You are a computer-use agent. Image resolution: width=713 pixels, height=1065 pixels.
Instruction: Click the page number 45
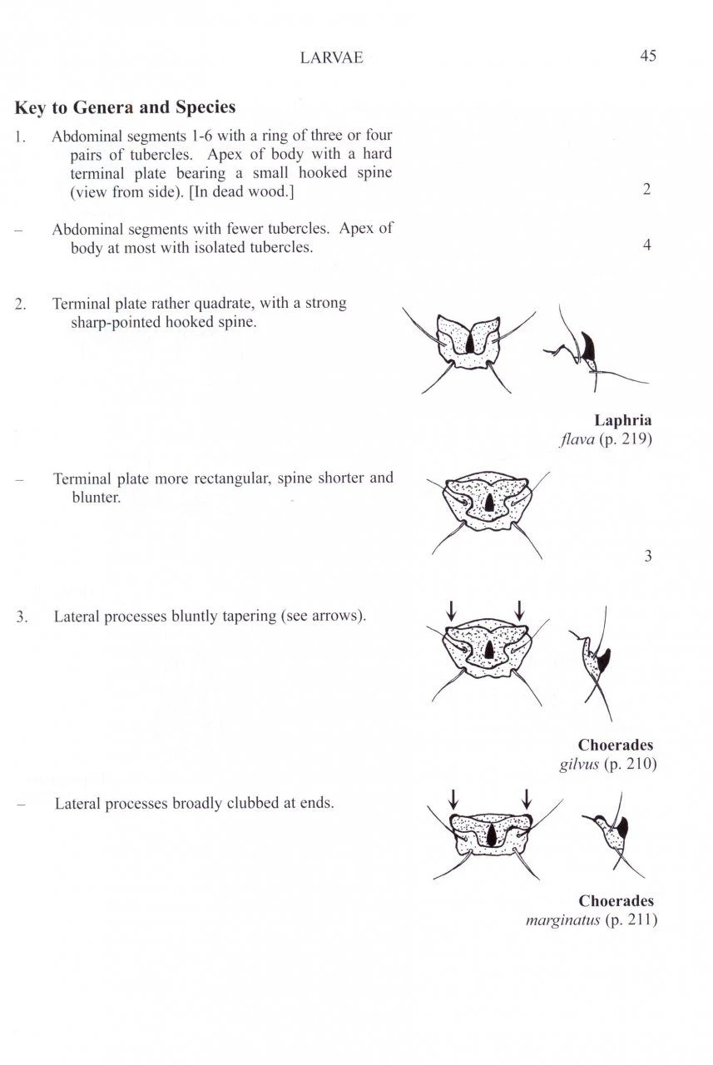coord(648,57)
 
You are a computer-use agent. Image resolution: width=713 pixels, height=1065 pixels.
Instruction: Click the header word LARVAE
coord(332,57)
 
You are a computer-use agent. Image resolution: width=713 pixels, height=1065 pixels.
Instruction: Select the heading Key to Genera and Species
coord(125,107)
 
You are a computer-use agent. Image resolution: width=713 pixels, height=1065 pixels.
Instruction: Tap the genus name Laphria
coord(623,420)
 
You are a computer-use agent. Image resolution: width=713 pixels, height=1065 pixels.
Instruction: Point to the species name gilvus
coord(577,763)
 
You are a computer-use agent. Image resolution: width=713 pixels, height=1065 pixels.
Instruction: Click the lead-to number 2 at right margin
coord(646,190)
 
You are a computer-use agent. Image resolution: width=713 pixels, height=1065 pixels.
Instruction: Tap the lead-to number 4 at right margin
coord(646,245)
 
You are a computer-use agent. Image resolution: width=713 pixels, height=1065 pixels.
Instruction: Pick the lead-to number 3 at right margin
coord(647,556)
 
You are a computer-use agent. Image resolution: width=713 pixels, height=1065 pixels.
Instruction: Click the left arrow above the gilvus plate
coord(450,610)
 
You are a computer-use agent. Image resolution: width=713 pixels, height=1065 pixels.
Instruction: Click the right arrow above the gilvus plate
coord(519,610)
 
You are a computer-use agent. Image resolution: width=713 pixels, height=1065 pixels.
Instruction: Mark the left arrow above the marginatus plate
coord(453,799)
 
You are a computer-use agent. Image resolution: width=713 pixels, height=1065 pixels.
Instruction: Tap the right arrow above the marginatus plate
coord(526,799)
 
